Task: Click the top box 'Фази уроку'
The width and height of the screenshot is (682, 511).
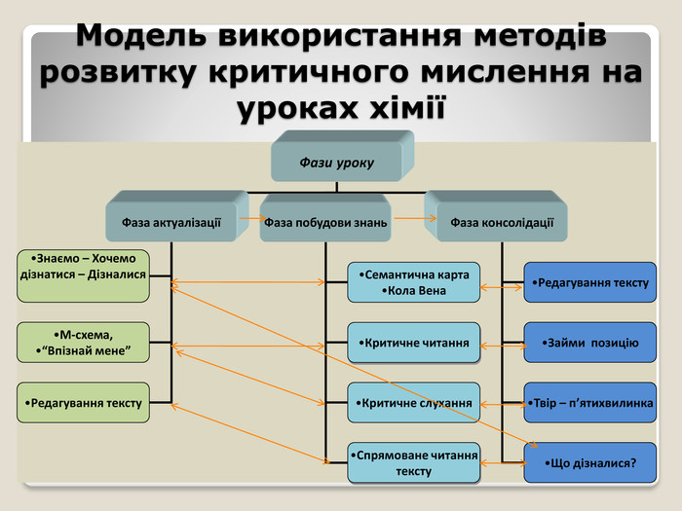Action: click(x=336, y=162)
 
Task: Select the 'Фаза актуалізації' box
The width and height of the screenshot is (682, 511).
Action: click(x=171, y=223)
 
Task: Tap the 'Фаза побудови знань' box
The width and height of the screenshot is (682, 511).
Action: click(x=325, y=223)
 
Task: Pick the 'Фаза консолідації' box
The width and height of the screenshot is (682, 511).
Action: click(x=502, y=223)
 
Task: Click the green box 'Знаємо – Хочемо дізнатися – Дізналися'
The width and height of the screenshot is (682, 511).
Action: click(x=84, y=267)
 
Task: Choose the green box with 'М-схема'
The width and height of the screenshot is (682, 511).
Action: click(x=84, y=341)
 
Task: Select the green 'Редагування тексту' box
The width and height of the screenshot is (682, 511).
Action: click(x=84, y=402)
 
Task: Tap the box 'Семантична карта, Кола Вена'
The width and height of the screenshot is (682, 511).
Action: click(x=414, y=282)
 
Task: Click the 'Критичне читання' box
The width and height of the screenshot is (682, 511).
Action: click(x=414, y=343)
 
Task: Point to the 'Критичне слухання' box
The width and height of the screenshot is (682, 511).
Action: click(x=414, y=403)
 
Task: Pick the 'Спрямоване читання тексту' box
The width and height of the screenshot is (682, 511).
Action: click(x=414, y=463)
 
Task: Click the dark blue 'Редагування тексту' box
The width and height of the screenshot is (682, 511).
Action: click(x=590, y=282)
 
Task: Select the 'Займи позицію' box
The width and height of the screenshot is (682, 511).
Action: click(x=590, y=343)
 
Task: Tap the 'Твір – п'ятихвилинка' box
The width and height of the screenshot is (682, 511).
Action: click(x=590, y=402)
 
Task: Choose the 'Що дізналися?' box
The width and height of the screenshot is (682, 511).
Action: click(x=590, y=462)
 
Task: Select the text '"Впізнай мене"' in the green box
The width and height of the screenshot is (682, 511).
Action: click(x=84, y=348)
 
